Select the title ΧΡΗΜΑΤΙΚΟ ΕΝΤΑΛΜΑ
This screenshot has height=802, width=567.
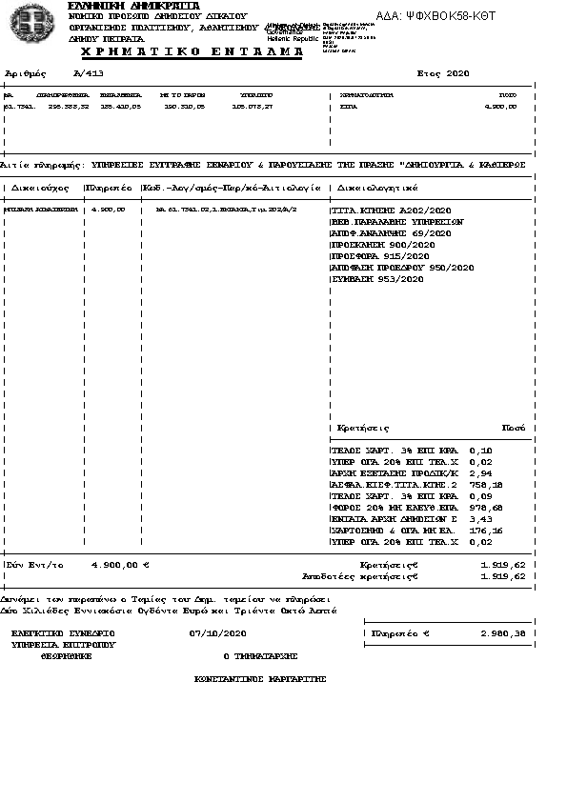[185, 51]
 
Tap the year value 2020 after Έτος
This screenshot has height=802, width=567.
[457, 73]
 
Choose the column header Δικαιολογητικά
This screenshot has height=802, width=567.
[377, 188]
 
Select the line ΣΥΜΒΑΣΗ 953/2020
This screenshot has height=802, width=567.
[376, 279]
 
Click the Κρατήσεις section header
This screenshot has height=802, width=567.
[363, 429]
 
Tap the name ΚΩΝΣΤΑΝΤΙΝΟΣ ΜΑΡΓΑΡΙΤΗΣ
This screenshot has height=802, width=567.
[260, 679]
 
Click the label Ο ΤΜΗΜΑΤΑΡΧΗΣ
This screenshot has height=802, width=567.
[260, 656]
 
